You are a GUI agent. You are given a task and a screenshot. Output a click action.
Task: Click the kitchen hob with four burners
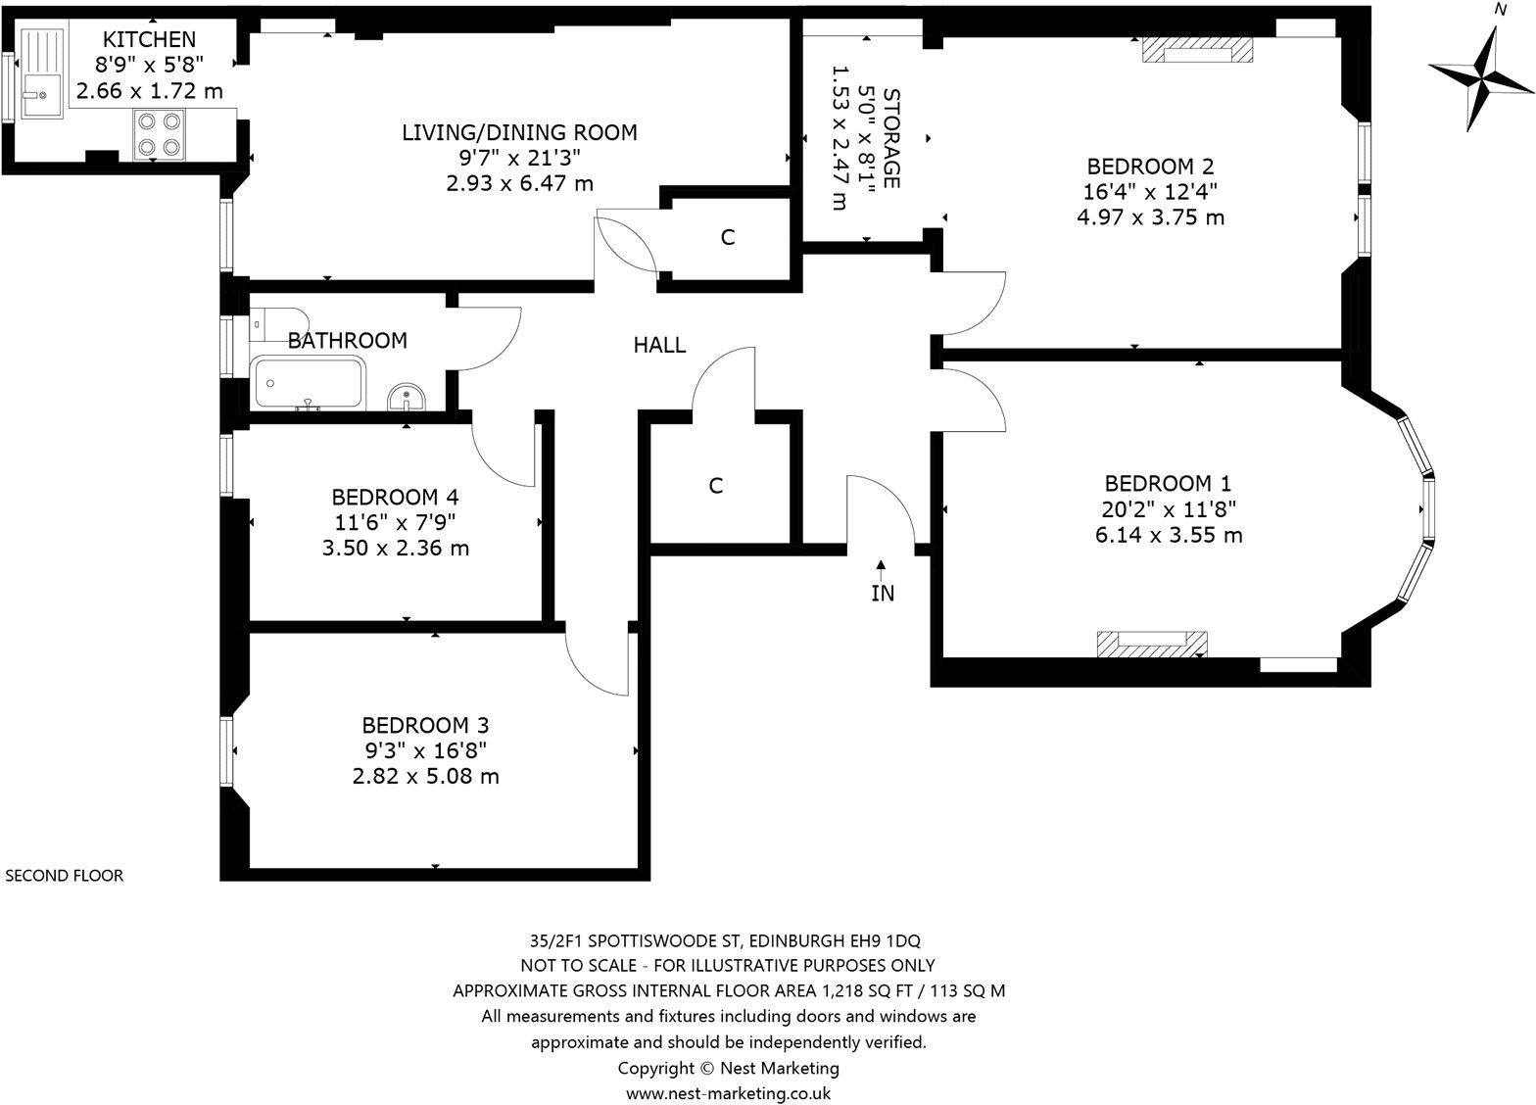(x=160, y=134)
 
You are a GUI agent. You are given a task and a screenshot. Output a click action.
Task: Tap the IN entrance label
(x=883, y=593)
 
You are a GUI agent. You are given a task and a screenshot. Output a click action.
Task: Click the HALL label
(x=659, y=345)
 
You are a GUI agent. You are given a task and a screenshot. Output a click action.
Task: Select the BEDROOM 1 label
(x=1168, y=483)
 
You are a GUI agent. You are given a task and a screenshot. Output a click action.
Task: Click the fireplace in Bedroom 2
(x=1197, y=50)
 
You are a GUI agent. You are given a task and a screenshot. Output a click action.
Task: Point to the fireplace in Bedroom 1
(x=1152, y=644)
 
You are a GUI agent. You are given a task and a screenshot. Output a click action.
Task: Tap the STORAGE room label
(x=891, y=138)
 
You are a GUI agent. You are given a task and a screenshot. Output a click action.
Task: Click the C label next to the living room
(x=728, y=237)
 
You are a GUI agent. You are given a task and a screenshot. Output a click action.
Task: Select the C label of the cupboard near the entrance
(x=716, y=486)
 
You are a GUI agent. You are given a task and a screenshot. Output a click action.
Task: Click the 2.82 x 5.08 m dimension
(x=425, y=776)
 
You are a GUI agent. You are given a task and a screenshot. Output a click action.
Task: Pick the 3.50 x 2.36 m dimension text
(x=395, y=548)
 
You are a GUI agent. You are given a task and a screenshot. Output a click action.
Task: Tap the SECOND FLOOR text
(x=65, y=876)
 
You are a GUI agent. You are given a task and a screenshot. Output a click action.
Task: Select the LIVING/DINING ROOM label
(x=519, y=132)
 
